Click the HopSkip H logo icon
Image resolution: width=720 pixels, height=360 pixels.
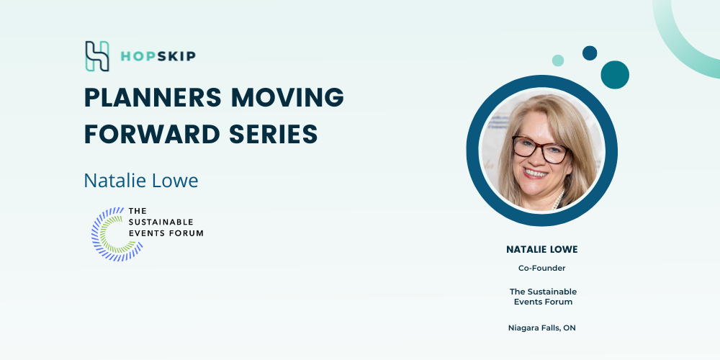[97, 56]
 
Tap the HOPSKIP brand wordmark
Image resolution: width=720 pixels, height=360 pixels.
[158, 56]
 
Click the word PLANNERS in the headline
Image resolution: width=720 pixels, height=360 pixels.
[153, 97]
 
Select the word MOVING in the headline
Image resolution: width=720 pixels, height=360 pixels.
[287, 97]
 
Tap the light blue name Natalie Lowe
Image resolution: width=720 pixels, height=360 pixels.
[141, 181]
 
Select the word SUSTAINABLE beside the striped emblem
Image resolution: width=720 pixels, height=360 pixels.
[161, 222]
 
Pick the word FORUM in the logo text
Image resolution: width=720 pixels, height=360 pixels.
[186, 233]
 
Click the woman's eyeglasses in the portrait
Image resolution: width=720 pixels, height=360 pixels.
[540, 149]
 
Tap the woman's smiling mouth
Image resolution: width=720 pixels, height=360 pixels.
[535, 173]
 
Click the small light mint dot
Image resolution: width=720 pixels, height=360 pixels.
[558, 60]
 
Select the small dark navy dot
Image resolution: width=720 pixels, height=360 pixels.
[590, 53]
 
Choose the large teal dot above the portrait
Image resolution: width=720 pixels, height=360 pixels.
[615, 75]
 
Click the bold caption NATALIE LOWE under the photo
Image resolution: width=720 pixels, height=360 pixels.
[542, 249]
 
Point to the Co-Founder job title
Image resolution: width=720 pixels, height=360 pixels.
[542, 268]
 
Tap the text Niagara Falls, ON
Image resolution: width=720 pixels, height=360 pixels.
[542, 328]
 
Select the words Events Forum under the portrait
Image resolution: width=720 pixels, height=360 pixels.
[543, 302]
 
